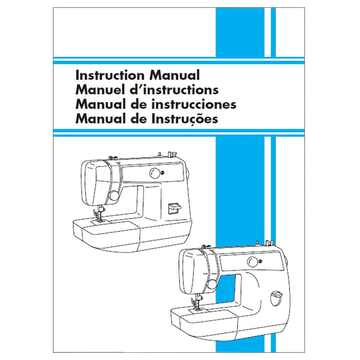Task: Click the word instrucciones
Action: coord(194,104)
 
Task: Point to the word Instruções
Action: coord(185,119)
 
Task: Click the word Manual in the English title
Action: coord(174,75)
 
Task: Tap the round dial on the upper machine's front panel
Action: coord(155,173)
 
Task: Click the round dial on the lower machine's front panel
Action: coord(252,262)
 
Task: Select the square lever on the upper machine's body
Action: coord(174,208)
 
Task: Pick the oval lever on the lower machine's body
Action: coord(276,297)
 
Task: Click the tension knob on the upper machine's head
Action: coord(114,196)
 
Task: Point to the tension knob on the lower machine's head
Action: coord(212,284)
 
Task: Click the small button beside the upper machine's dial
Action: coord(162,172)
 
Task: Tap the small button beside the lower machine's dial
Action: coord(260,261)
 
